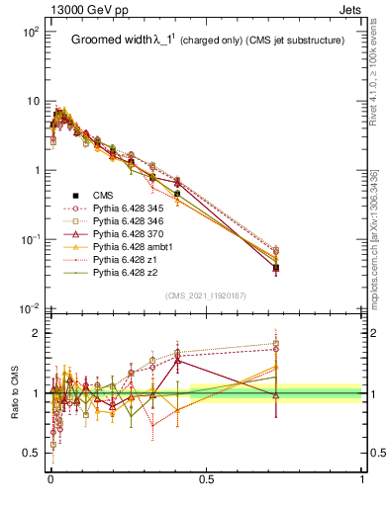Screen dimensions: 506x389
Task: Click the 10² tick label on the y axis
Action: tap(29, 33)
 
